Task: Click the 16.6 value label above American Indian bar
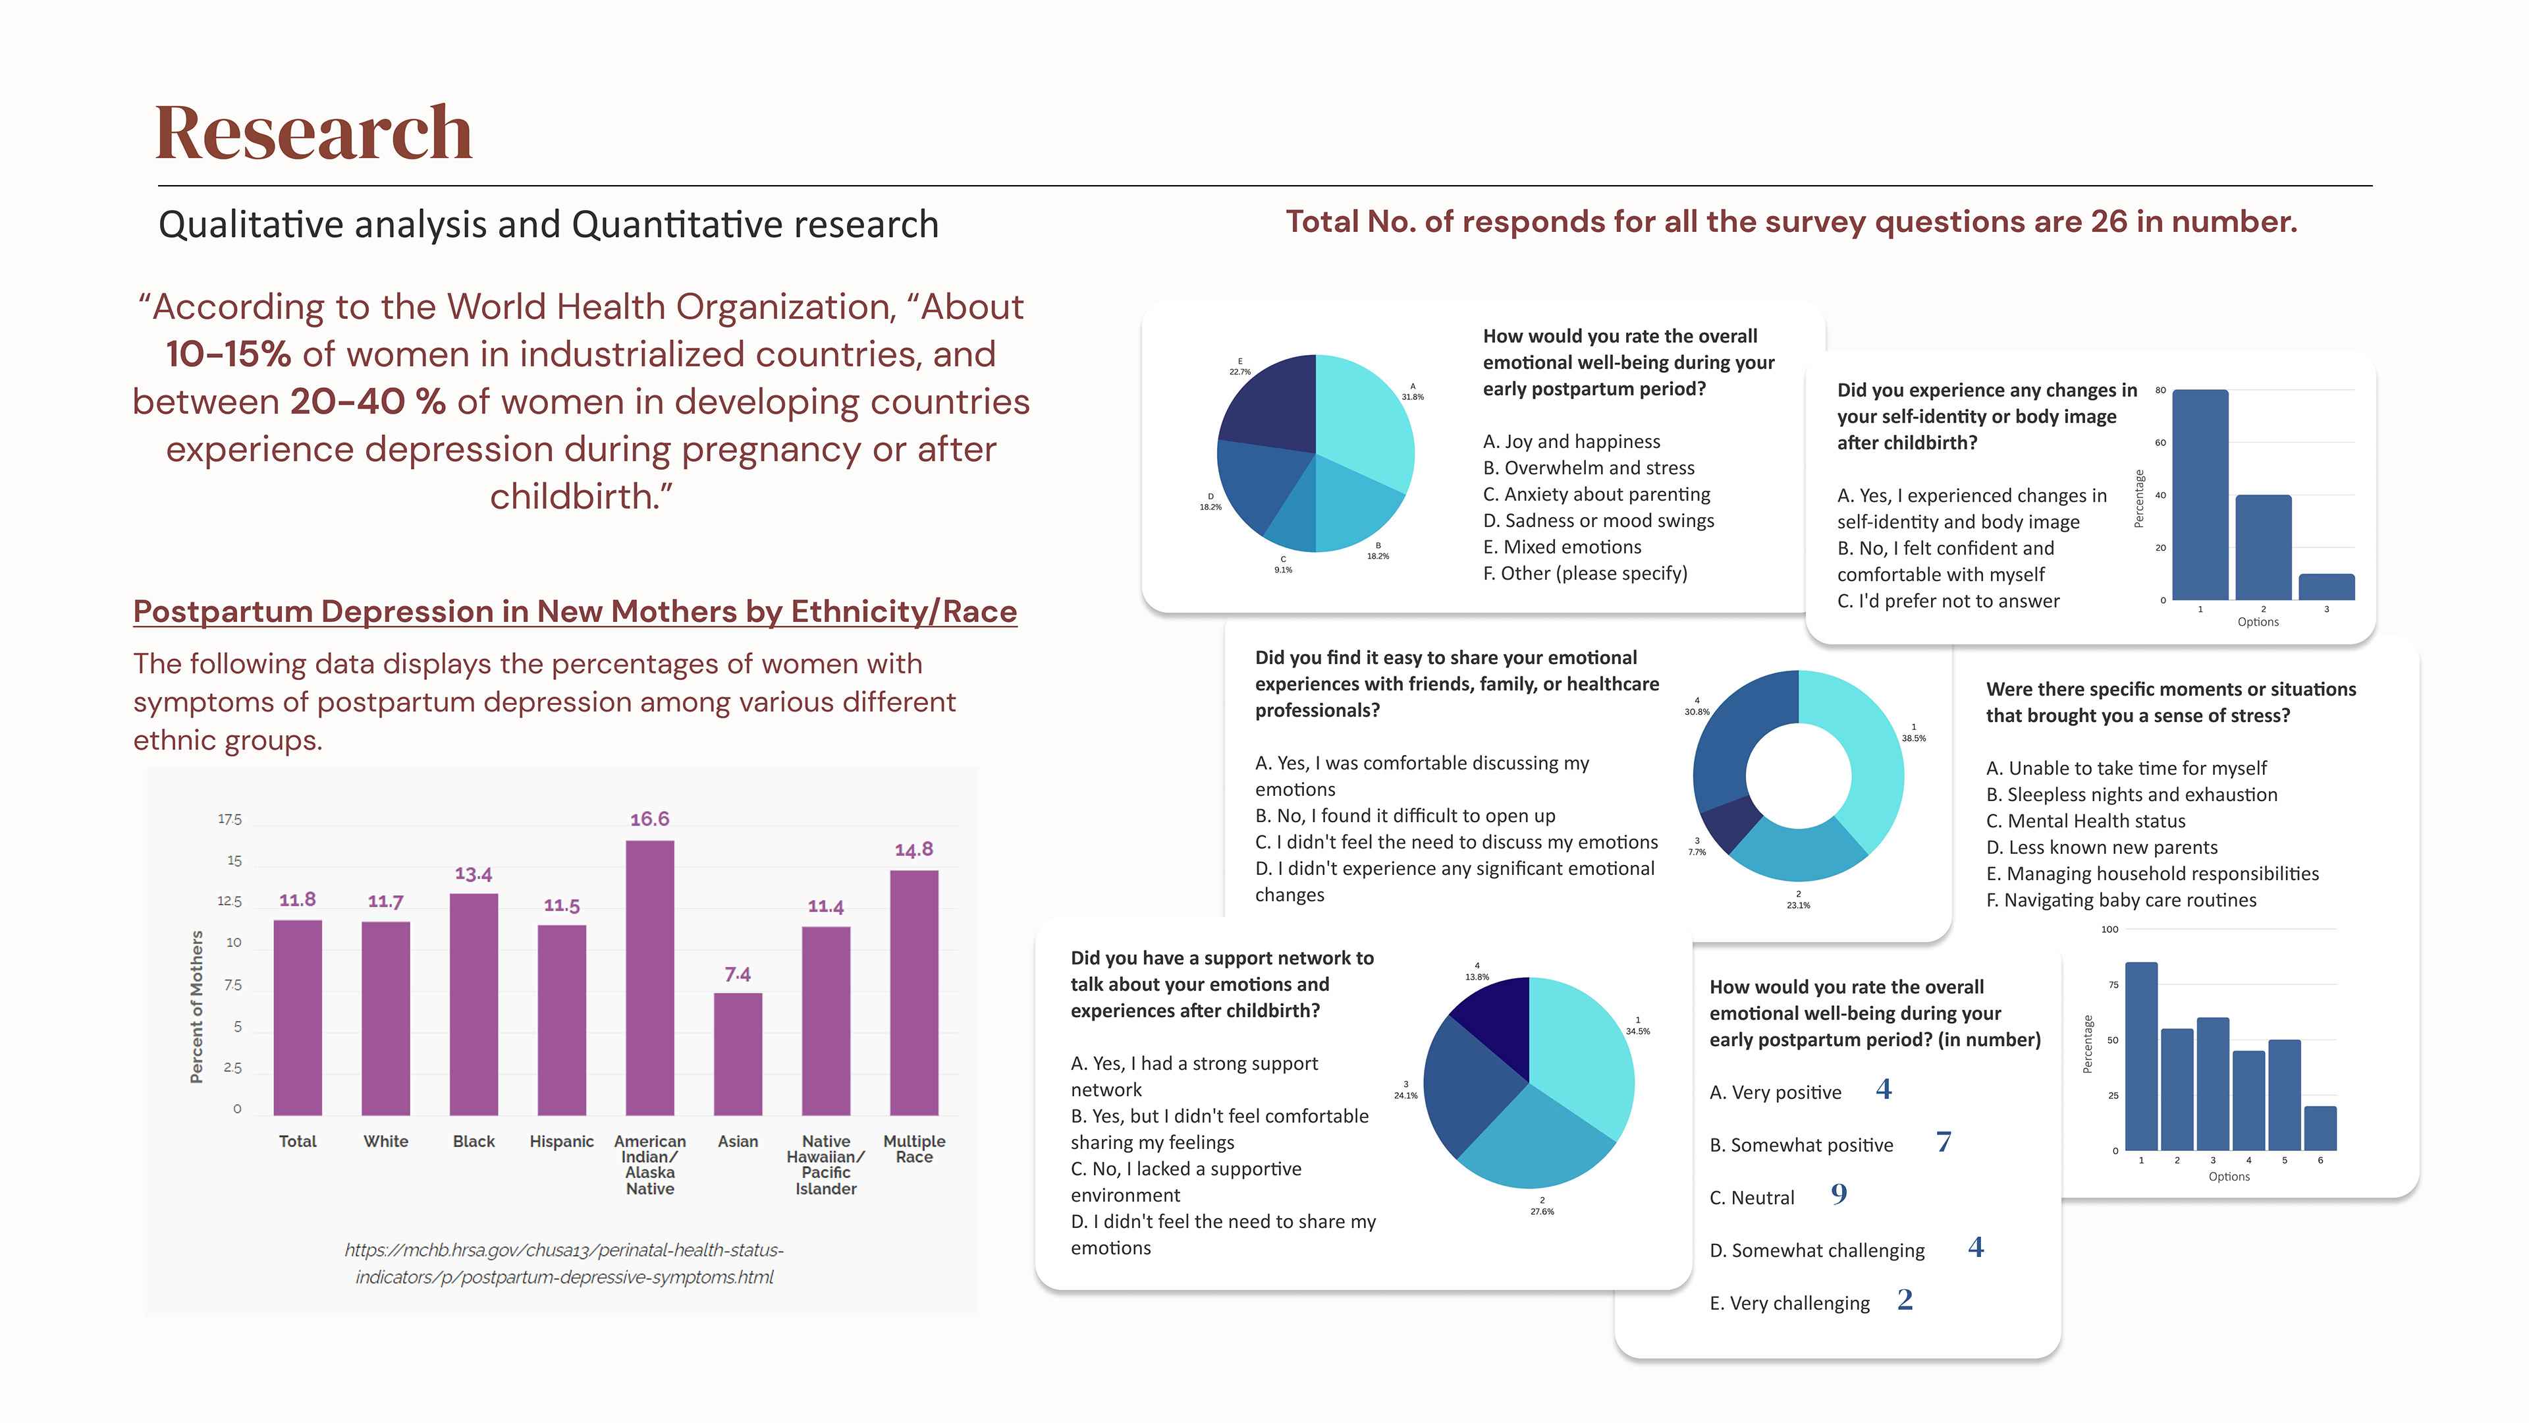click(x=649, y=819)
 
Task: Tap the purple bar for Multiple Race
click(x=914, y=992)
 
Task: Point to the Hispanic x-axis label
click(x=562, y=1141)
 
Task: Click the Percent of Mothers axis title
click(x=196, y=1007)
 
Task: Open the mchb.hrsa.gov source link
click(x=564, y=1263)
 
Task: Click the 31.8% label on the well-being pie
click(x=1412, y=392)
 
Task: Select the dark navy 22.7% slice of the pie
click(x=1271, y=403)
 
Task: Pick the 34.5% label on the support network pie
click(x=1637, y=1026)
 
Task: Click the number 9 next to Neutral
click(x=1839, y=1194)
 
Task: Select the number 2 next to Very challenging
click(x=1905, y=1299)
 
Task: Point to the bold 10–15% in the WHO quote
click(x=228, y=354)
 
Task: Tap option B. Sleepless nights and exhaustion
click(x=2131, y=795)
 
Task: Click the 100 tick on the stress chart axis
click(x=2109, y=929)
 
